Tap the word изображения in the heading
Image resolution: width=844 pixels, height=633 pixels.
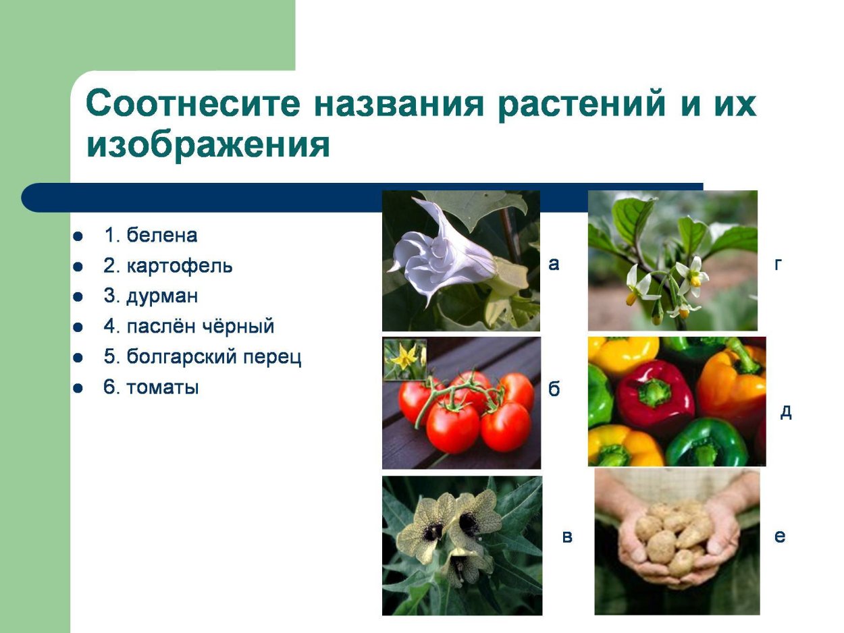point(208,146)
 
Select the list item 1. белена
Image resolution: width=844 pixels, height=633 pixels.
point(150,236)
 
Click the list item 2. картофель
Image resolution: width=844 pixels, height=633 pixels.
point(167,266)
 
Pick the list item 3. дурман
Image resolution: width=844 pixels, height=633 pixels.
point(151,296)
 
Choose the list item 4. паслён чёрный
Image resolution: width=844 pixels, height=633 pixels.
point(188,327)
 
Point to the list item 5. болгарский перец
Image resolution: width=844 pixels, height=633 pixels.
point(202,357)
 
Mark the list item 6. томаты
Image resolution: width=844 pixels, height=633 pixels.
point(151,387)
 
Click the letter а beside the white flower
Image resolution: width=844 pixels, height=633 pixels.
point(554,265)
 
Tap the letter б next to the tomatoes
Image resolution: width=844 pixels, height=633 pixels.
point(554,389)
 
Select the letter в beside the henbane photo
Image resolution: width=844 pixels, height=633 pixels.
point(567,537)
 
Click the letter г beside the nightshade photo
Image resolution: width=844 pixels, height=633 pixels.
point(778,265)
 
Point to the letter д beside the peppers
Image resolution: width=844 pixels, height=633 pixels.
point(785,412)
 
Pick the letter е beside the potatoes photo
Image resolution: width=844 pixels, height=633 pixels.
point(780,537)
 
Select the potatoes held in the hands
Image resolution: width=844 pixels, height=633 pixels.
point(675,536)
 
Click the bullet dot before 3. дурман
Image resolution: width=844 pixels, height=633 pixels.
point(78,297)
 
